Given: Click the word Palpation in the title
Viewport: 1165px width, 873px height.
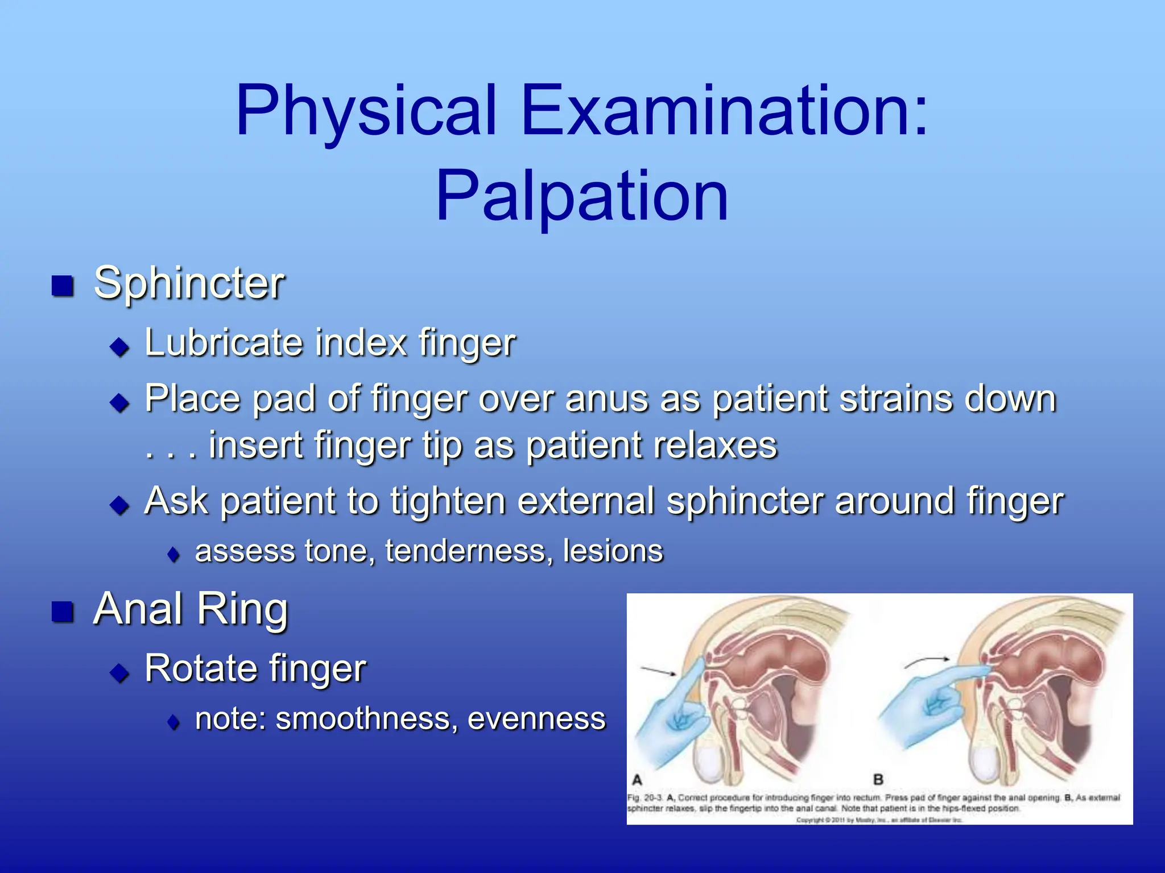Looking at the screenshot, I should [582, 196].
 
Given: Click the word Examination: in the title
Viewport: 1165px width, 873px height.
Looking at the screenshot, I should [724, 111].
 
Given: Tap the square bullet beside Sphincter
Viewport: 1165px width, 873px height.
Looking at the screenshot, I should [63, 286].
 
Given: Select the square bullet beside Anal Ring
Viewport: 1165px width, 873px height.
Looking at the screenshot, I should [63, 612].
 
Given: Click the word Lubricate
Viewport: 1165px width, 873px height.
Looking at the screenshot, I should [224, 343].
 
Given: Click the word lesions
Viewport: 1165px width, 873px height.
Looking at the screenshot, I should [613, 551].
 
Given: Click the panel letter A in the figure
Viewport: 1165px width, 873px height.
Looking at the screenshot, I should [637, 780].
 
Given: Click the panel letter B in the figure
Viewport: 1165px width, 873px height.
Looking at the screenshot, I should [878, 780].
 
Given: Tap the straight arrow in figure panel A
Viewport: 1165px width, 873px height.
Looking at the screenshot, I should [659, 672].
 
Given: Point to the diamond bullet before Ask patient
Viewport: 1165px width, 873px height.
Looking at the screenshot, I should [120, 504].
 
